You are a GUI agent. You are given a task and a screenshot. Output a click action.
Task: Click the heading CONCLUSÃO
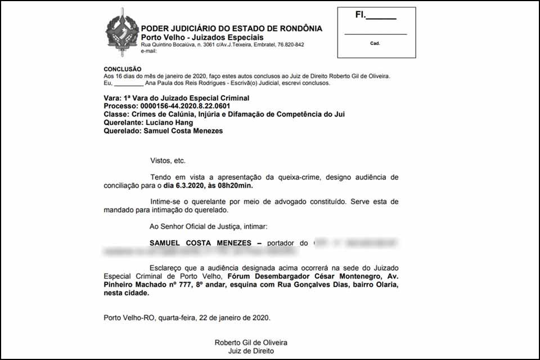click(x=122, y=69)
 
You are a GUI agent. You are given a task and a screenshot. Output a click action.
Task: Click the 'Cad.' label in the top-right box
click(x=375, y=43)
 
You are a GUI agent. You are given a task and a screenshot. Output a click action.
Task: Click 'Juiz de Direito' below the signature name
click(x=251, y=351)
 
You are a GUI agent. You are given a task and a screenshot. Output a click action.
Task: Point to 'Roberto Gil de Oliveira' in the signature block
click(x=251, y=343)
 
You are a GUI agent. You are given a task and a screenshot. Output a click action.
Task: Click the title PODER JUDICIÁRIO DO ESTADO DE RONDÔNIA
click(x=231, y=29)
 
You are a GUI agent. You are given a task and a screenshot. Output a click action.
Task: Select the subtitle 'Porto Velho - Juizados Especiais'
click(x=202, y=37)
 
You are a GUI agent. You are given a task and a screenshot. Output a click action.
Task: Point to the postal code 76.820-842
click(x=286, y=44)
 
